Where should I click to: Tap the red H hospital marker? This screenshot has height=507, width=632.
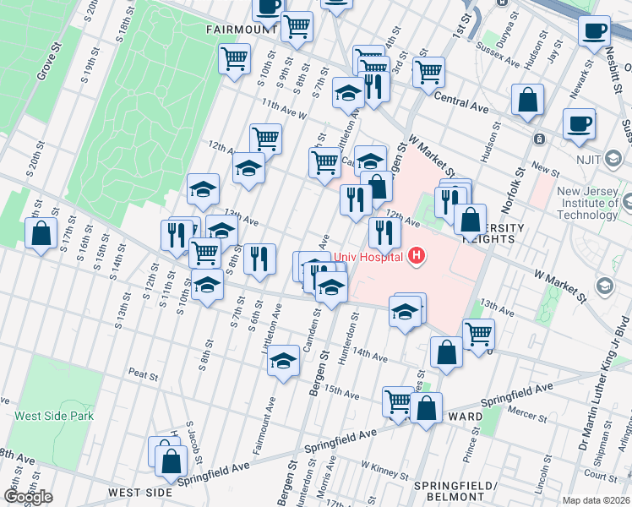pyautogui.click(x=415, y=254)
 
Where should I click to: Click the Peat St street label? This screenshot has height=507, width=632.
pyautogui.click(x=144, y=372)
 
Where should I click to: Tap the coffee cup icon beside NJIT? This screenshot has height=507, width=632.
pyautogui.click(x=580, y=123)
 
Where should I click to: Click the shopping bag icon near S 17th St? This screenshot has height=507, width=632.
pyautogui.click(x=41, y=233)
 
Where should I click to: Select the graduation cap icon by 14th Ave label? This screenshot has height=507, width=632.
pyautogui.click(x=283, y=361)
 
